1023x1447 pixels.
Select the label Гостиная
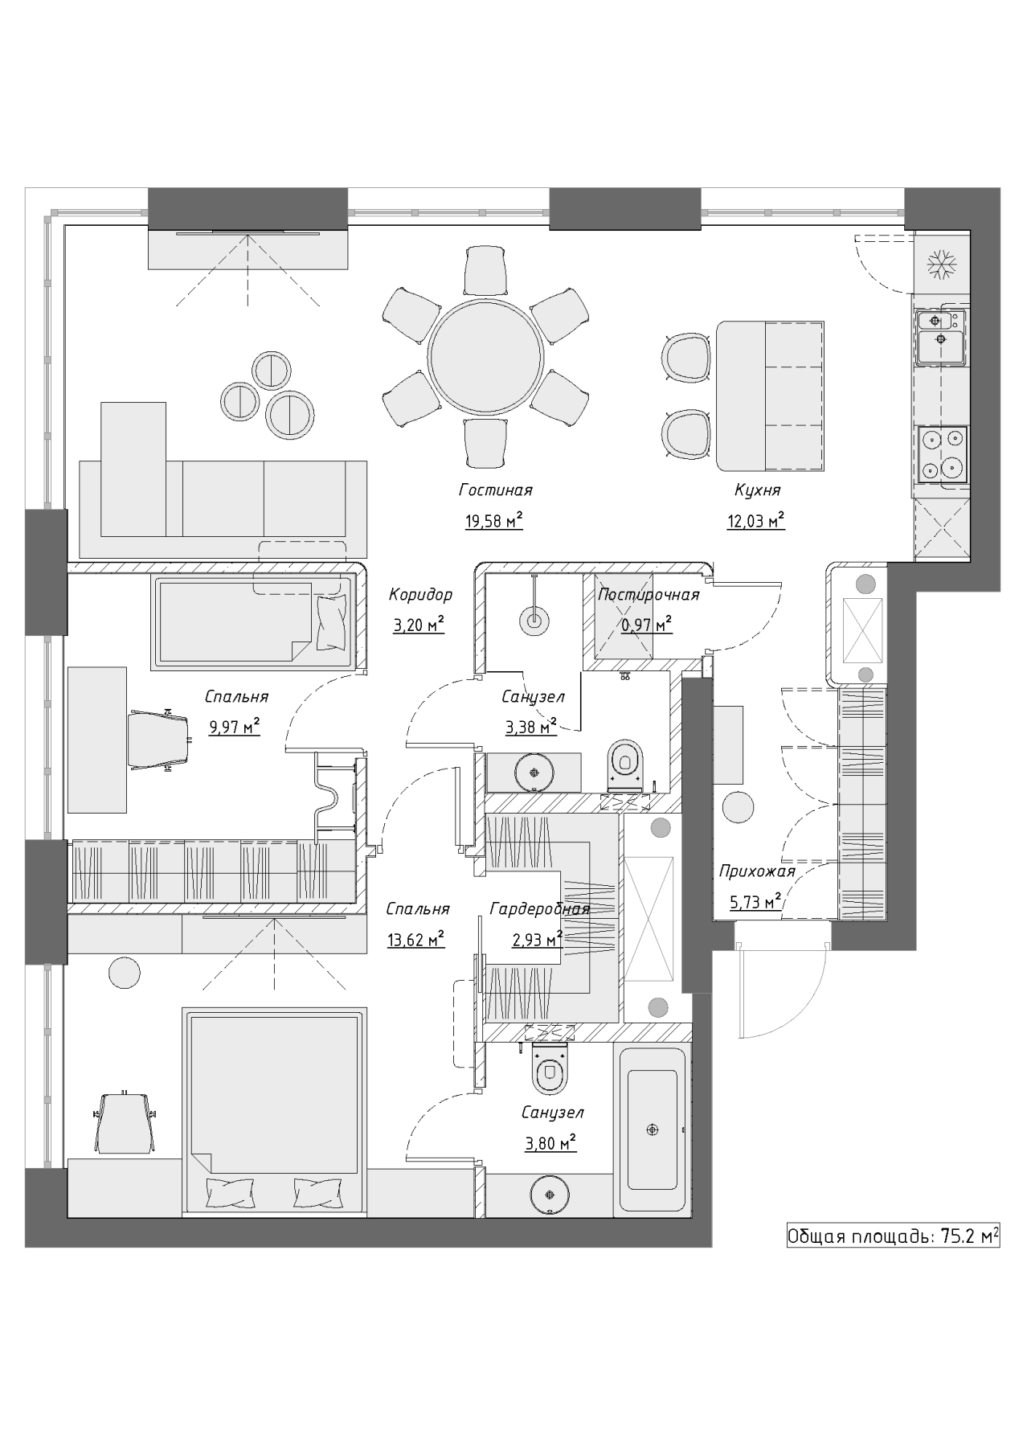pos(496,490)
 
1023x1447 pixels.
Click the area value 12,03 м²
pos(756,521)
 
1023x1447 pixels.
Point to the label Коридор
pos(420,595)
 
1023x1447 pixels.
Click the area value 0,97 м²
pos(647,624)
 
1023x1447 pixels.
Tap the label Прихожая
pos(757,871)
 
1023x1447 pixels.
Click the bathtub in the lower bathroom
pos(653,1129)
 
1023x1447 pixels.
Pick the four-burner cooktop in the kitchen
pos(943,453)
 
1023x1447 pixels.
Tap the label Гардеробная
pos(540,909)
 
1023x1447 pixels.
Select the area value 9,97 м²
pos(235,728)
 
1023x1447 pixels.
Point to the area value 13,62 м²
pos(416,940)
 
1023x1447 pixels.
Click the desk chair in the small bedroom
pos(161,739)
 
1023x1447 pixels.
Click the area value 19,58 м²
pos(494,521)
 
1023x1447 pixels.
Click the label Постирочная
pos(649,595)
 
